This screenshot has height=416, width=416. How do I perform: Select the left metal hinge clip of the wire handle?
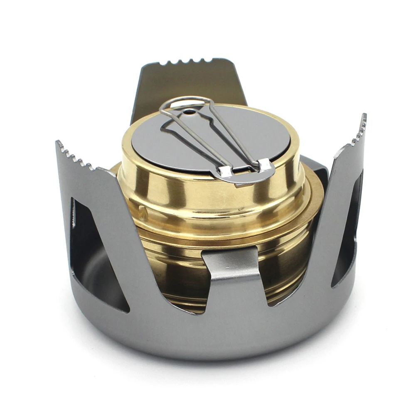tap(225, 170)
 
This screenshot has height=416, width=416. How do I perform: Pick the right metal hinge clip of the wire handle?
tap(265, 165)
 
